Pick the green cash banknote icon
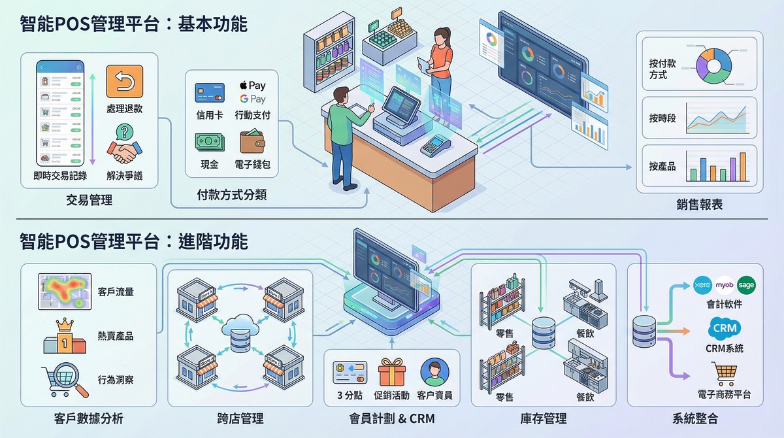pos(210,142)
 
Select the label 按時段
pos(662,118)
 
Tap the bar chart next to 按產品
pos(716,167)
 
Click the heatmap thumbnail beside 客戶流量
pos(62,292)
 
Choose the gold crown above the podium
pos(64,324)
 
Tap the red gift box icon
pos(392,371)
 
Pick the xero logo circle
pos(702,286)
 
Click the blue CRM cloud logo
pos(725,327)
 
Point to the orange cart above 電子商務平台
pos(725,373)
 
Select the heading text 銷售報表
pos(699,205)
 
